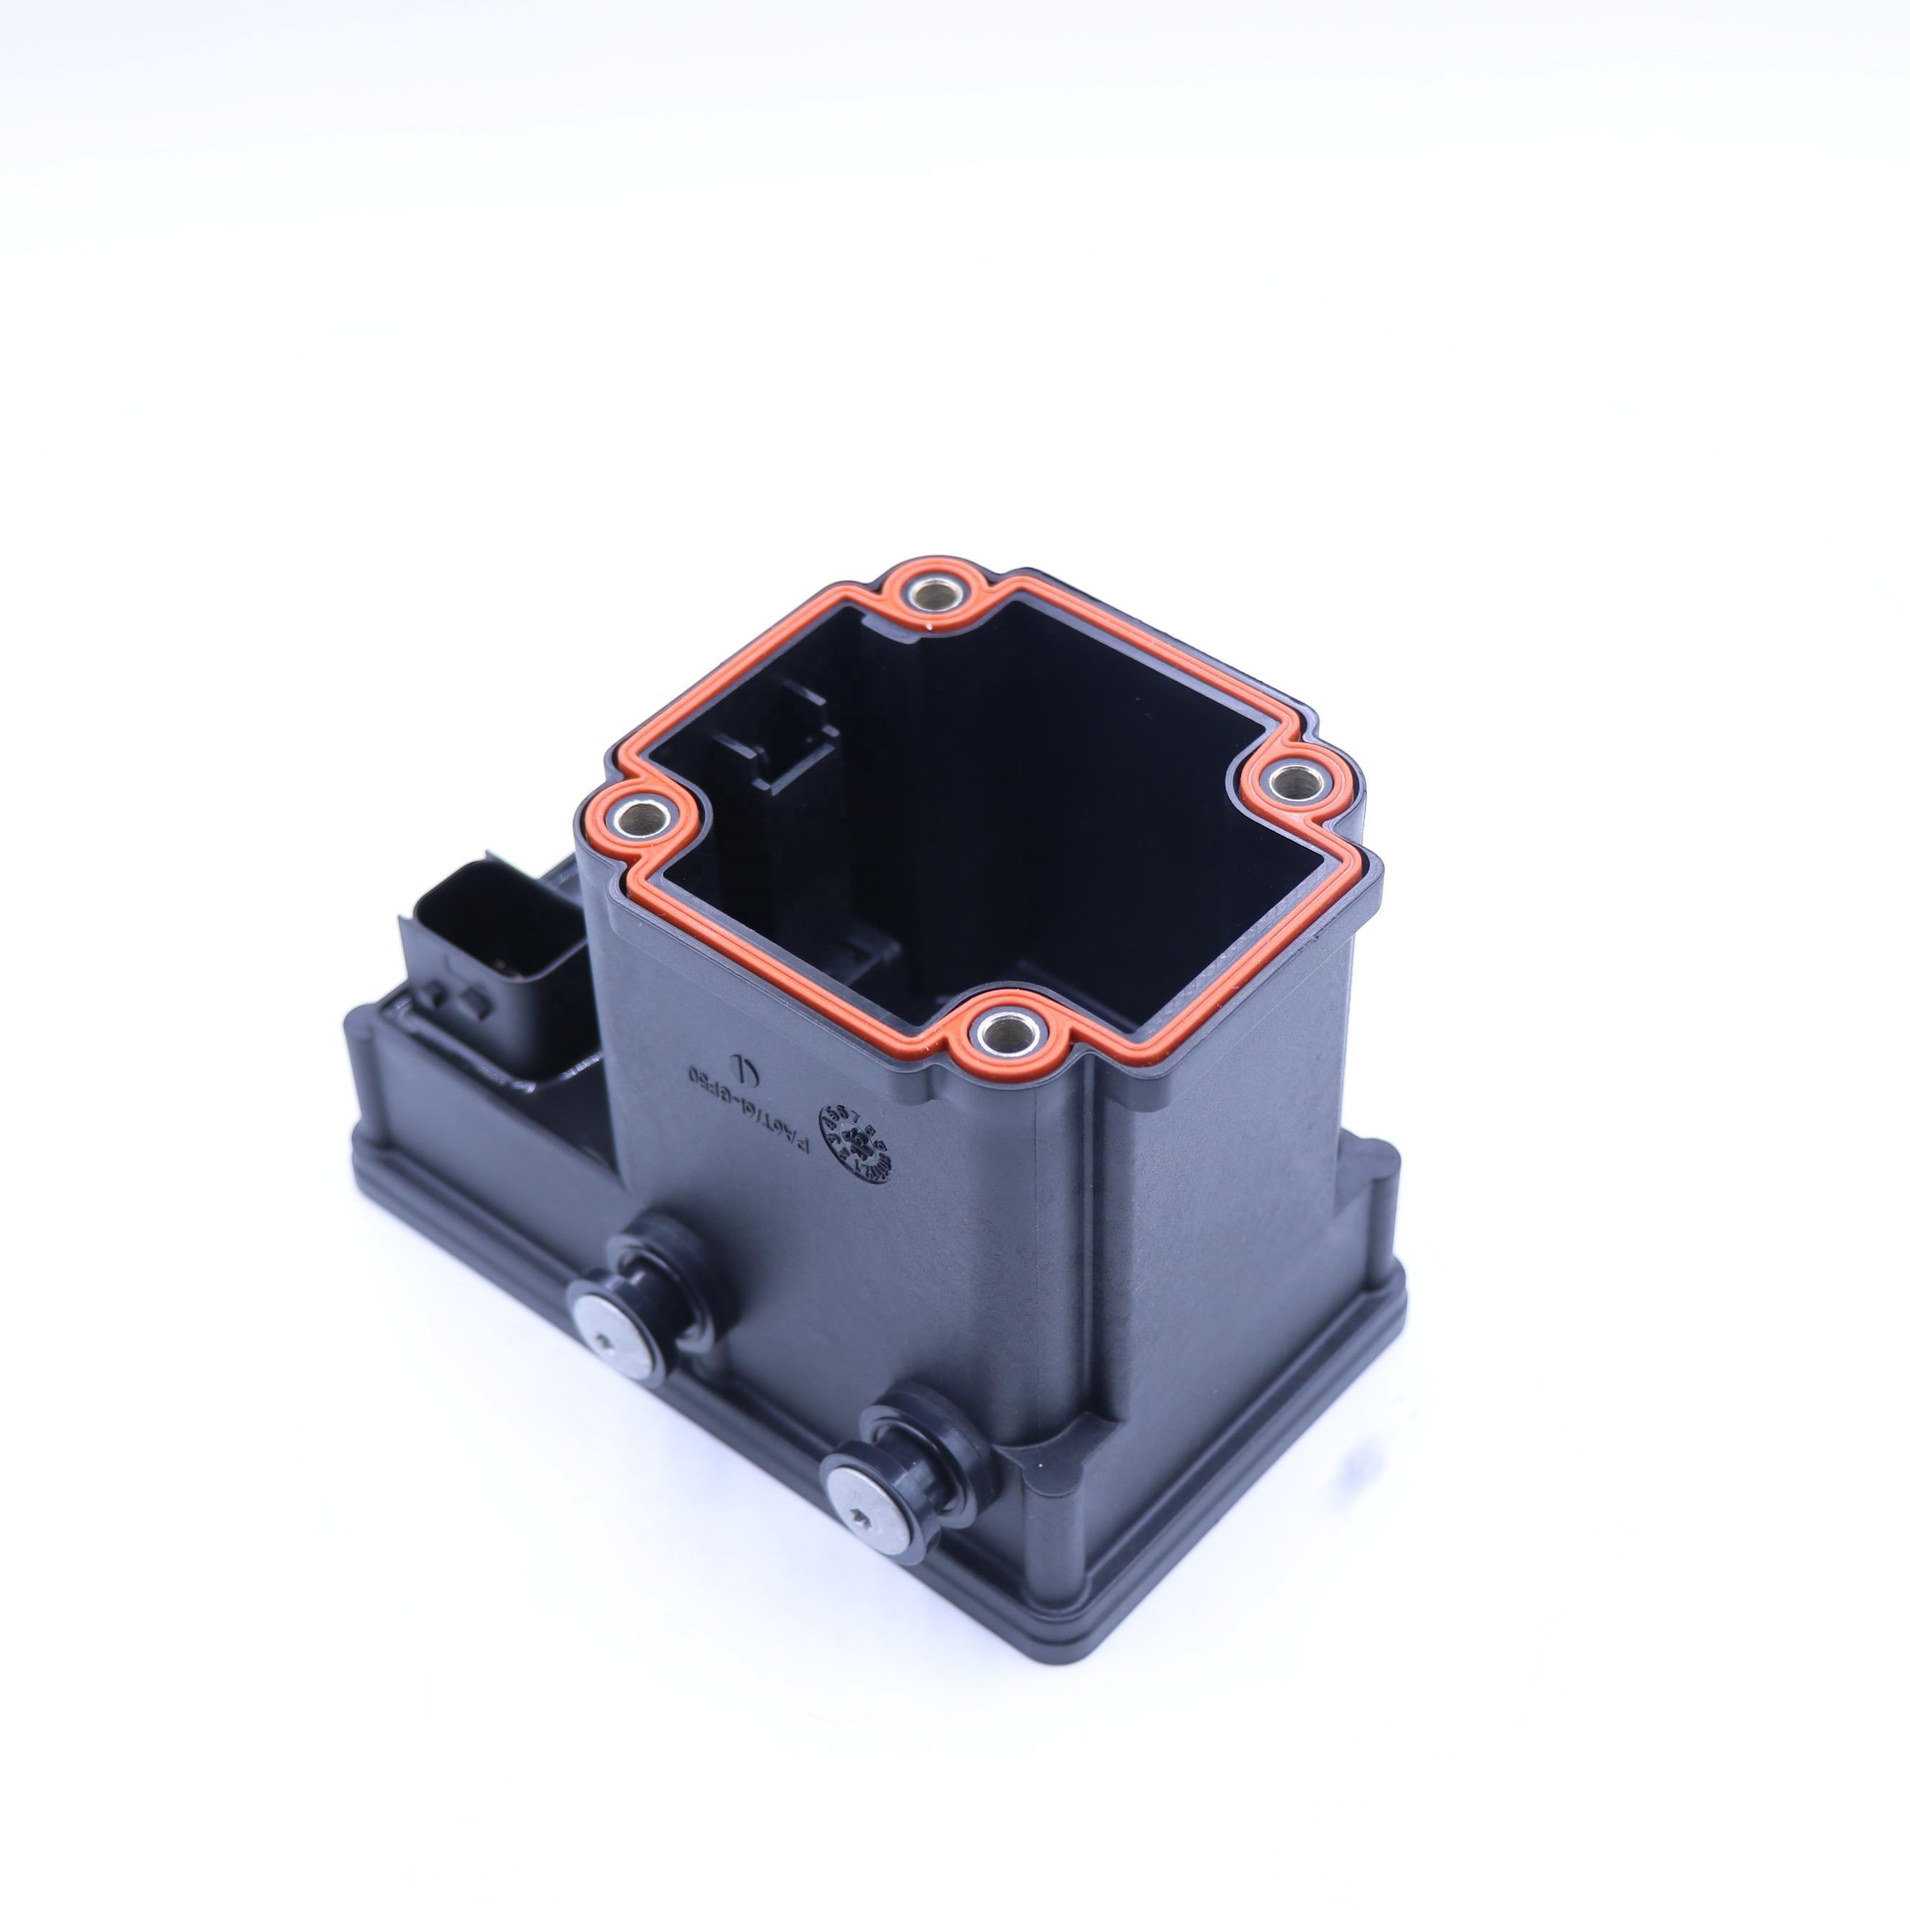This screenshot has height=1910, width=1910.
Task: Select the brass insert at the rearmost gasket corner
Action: (931, 593)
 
